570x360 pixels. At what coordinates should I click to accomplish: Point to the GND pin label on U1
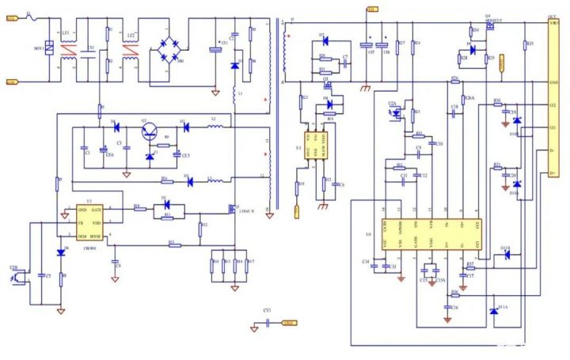82,209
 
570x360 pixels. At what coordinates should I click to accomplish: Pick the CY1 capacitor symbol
269,322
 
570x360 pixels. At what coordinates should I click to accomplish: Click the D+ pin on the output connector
552,172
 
